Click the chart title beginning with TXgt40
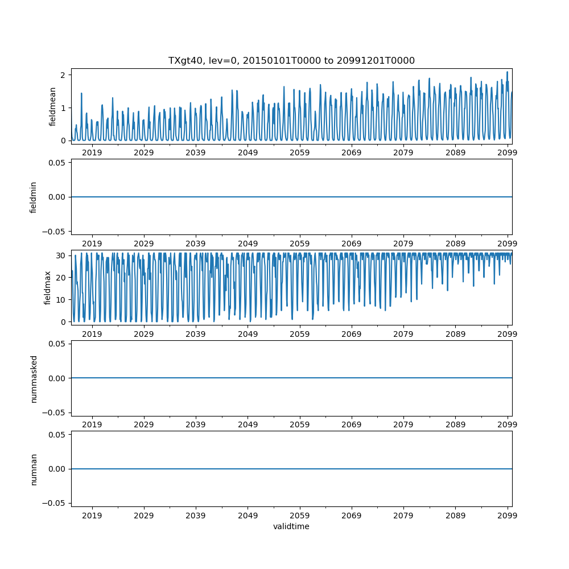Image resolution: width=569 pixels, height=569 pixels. [291, 60]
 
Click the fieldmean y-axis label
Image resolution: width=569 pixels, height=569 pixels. [52, 106]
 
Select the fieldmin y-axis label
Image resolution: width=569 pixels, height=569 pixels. [34, 197]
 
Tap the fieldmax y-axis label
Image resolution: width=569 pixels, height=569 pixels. [48, 287]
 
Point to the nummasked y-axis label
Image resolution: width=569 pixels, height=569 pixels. [34, 378]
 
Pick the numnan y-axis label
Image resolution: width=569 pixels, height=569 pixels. [34, 469]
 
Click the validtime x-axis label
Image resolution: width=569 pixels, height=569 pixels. [291, 527]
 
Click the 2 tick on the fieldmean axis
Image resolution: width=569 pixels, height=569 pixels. [64, 75]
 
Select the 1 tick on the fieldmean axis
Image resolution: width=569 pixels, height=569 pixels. [64, 108]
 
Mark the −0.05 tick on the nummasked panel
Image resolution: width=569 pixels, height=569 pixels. [56, 413]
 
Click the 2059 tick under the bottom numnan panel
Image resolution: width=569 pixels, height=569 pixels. [300, 515]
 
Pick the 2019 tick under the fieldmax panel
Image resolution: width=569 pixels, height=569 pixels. [92, 333]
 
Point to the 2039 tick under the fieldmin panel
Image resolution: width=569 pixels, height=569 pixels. [196, 243]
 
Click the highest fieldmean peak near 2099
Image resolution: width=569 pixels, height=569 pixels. [507, 72]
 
